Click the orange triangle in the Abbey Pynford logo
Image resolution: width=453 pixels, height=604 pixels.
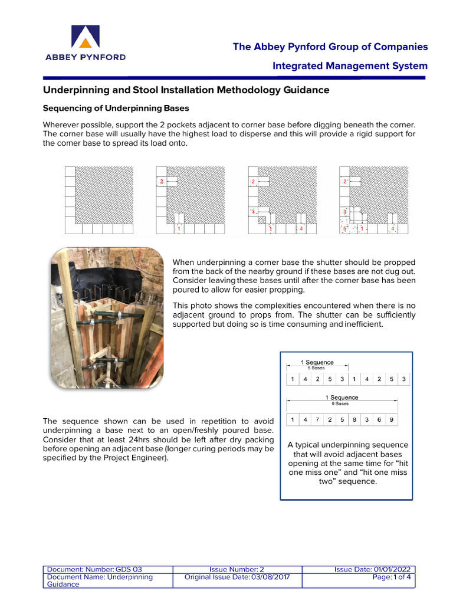click(x=86, y=42)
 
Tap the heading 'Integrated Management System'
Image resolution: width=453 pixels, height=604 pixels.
click(x=350, y=65)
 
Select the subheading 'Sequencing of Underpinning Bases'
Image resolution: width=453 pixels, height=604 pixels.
click(x=116, y=109)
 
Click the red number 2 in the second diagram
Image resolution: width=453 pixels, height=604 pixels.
click(x=161, y=182)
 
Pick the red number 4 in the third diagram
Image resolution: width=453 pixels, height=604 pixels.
click(x=301, y=228)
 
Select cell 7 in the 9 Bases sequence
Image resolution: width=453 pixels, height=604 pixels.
click(x=319, y=420)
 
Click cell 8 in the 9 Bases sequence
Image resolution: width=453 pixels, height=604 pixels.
click(x=354, y=420)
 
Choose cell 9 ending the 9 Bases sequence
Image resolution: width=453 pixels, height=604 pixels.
click(x=390, y=420)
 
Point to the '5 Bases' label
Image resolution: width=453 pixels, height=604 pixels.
click(x=317, y=367)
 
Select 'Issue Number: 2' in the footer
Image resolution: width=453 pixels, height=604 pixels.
click(x=237, y=569)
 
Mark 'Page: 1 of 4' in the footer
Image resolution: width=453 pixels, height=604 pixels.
click(x=393, y=577)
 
